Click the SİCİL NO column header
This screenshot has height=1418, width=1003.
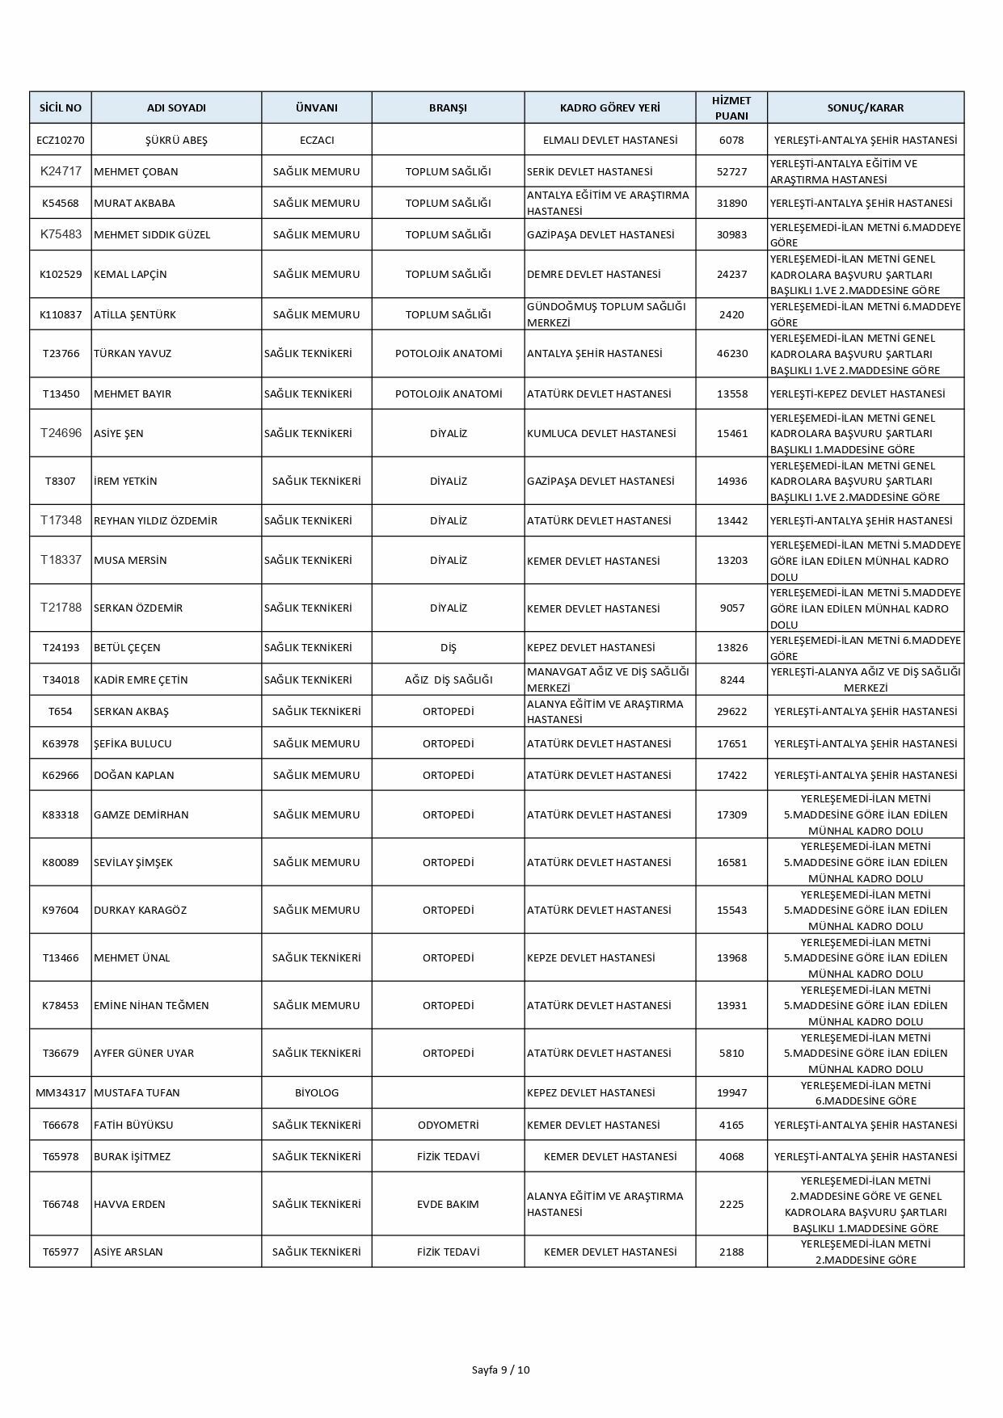61,107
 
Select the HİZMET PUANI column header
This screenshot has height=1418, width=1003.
731,107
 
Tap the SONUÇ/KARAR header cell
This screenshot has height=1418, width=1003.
865,107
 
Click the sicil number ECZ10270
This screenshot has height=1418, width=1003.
61,140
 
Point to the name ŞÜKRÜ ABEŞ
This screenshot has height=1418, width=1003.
176,140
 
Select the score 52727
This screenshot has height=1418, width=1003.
731,171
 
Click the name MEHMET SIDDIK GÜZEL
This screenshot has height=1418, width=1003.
152,234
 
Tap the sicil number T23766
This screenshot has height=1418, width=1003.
61,353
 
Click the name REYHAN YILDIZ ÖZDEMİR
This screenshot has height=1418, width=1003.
155,520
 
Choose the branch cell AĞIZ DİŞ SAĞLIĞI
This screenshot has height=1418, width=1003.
448,680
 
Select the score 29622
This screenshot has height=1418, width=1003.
731,711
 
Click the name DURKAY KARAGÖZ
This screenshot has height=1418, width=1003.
140,910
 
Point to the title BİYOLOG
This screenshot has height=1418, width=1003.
317,1092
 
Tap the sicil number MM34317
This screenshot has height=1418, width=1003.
61,1092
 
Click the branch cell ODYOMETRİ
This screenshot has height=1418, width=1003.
448,1125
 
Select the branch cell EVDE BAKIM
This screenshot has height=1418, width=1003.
448,1204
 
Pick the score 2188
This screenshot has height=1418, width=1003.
731,1252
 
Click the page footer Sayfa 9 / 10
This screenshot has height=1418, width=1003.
501,1370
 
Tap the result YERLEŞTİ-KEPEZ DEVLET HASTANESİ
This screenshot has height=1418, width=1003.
858,393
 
